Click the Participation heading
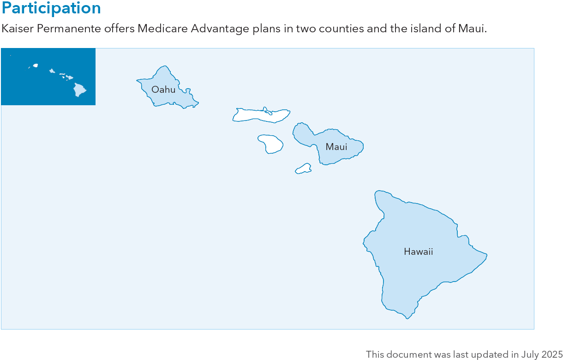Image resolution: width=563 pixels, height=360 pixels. pyautogui.click(x=51, y=8)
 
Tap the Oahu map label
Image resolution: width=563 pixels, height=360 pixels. pyautogui.click(x=163, y=90)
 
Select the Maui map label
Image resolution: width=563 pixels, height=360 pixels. pyautogui.click(x=336, y=147)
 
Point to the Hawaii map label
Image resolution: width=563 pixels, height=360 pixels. pyautogui.click(x=418, y=252)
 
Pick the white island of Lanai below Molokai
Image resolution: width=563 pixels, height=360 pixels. pyautogui.click(x=270, y=143)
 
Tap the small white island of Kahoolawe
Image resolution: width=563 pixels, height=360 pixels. pyautogui.click(x=303, y=169)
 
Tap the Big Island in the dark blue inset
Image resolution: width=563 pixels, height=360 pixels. pyautogui.click(x=80, y=89)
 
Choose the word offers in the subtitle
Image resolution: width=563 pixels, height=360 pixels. pyautogui.click(x=121, y=29)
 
